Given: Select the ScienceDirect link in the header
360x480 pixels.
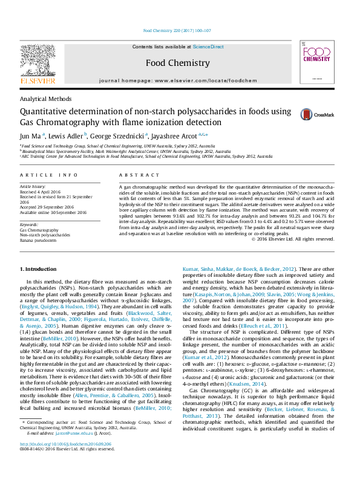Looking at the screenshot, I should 208,47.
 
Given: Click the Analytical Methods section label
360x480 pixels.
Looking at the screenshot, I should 46,99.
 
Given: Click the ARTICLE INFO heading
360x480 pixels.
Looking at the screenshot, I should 49,175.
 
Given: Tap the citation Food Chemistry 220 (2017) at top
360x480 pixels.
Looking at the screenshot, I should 177,30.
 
